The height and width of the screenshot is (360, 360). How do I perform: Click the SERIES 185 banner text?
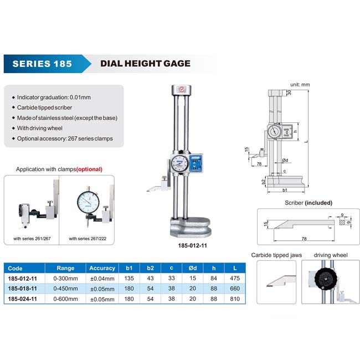point(42,64)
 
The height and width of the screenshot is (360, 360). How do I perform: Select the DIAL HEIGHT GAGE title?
point(145,63)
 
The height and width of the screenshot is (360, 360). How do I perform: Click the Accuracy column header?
point(102,268)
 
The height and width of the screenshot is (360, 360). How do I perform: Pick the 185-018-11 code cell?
point(22,289)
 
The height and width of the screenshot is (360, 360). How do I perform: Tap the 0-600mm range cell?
point(66,299)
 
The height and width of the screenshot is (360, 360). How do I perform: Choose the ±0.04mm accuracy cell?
point(102,279)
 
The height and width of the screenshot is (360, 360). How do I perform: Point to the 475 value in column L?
point(235,278)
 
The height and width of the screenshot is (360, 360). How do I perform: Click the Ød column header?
point(193,268)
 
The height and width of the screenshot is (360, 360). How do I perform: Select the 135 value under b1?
point(129,278)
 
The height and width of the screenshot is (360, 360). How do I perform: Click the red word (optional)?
point(89,169)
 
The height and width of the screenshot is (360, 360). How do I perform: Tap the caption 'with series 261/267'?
point(32,239)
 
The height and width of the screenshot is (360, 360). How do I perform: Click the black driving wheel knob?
point(326,278)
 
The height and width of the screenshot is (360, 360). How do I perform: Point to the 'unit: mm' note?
point(300,85)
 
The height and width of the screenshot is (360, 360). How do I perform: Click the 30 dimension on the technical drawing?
point(289,92)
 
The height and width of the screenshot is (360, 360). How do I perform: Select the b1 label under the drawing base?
point(285,190)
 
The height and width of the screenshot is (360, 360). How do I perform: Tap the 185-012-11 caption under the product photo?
point(192,245)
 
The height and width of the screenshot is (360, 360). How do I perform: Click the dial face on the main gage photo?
point(180,163)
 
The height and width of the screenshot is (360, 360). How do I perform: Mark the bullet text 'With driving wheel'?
point(40,128)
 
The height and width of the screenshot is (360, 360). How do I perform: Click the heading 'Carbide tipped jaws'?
point(276,255)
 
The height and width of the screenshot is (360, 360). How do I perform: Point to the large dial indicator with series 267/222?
point(89,202)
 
